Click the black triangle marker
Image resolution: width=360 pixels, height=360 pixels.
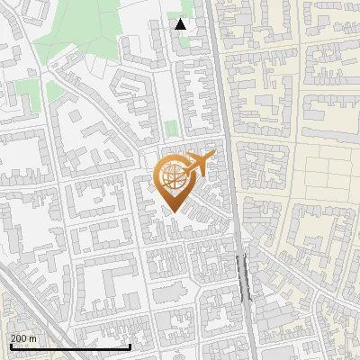pos(181,24)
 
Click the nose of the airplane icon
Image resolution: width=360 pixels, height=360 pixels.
pos(213,156)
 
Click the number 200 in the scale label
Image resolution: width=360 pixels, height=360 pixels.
pos(19,338)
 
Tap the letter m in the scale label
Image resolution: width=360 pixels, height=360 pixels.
pos(34,338)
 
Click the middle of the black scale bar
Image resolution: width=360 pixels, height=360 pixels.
pos(70,346)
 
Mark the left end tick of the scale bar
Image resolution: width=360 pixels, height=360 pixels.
pos(10,346)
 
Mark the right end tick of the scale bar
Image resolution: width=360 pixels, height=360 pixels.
pos(130,346)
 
